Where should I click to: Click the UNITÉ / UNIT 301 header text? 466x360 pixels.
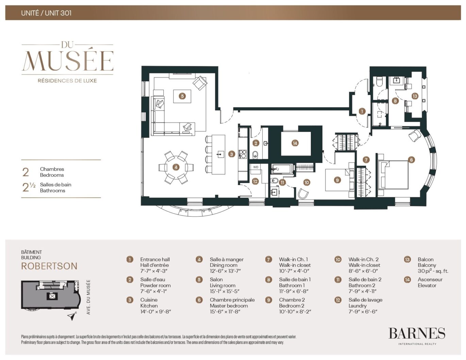pyautogui.click(x=46, y=13)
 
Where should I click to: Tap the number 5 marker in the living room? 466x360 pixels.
pyautogui.click(x=182, y=96)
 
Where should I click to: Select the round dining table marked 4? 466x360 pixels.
pyautogui.click(x=176, y=167)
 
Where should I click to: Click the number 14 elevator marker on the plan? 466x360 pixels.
pyautogui.click(x=295, y=143)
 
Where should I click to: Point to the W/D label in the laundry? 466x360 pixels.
pyautogui.click(x=256, y=167)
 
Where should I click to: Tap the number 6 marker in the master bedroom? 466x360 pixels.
pyautogui.click(x=411, y=160)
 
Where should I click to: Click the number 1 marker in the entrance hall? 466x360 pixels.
pyautogui.click(x=362, y=111)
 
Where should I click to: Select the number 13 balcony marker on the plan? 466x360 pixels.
pyautogui.click(x=415, y=96)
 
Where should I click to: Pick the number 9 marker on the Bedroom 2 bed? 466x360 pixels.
pyautogui.click(x=337, y=180)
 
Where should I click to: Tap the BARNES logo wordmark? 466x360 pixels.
pyautogui.click(x=417, y=333)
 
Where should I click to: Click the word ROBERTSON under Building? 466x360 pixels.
pyautogui.click(x=49, y=266)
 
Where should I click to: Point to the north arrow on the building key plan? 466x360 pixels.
pyautogui.click(x=71, y=317)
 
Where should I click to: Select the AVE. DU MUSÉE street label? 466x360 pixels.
pyautogui.click(x=88, y=297)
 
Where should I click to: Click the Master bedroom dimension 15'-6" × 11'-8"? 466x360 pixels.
pyautogui.click(x=225, y=311)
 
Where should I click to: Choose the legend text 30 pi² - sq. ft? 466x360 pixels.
pyautogui.click(x=433, y=271)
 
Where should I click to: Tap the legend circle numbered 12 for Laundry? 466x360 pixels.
pyautogui.click(x=338, y=300)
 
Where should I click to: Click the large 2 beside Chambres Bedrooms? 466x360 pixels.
pyautogui.click(x=26, y=172)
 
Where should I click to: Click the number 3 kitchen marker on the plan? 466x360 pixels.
pyautogui.click(x=232, y=154)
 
